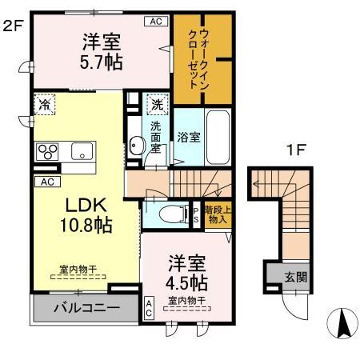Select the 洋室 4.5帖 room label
pos(187,273)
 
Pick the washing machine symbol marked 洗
pos(157,104)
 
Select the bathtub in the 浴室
pos(218,136)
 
